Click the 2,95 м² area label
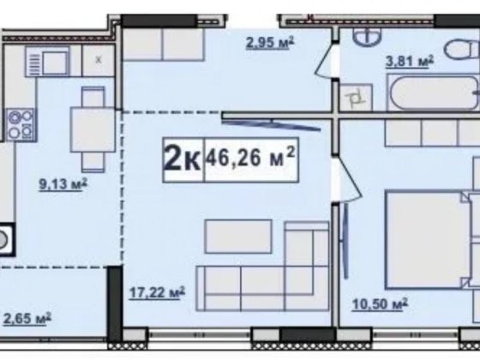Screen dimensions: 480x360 click(x=270, y=43)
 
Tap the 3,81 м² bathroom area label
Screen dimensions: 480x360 click(x=410, y=61)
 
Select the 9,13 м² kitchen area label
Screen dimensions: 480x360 click(x=63, y=184)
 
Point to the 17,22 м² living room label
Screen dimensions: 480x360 click(x=157, y=293)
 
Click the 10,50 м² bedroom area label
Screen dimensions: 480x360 click(x=380, y=304)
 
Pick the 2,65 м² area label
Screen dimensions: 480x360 click(x=27, y=318)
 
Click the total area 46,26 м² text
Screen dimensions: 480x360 click(x=250, y=159)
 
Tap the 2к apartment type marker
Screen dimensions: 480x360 click(x=183, y=159)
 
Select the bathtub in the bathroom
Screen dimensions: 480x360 click(x=434, y=93)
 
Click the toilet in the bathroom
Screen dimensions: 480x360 click(x=462, y=50)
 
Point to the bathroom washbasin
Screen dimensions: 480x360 click(x=367, y=35)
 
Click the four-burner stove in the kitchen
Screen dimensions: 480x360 click(x=21, y=124)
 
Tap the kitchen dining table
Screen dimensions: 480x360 click(x=93, y=129)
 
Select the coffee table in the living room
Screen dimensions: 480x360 click(x=238, y=237)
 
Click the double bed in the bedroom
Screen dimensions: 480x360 click(x=427, y=240)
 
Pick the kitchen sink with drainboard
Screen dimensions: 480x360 click(x=47, y=61)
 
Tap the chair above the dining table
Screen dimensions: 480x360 click(x=93, y=97)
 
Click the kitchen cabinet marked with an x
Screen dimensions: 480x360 click(x=99, y=60)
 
